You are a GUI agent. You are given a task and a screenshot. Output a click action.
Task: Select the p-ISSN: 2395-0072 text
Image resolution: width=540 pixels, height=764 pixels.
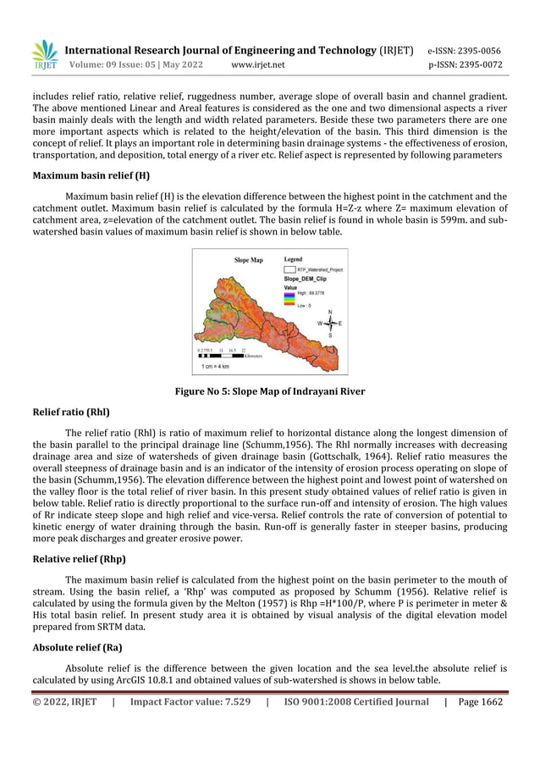click(x=465, y=64)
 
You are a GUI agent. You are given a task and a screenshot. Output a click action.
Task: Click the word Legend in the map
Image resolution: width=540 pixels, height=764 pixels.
click(x=294, y=259)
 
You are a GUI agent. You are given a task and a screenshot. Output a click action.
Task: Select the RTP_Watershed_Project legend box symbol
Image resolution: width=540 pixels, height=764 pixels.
click(x=289, y=269)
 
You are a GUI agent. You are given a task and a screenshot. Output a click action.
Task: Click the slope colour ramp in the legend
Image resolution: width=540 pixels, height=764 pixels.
click(x=289, y=297)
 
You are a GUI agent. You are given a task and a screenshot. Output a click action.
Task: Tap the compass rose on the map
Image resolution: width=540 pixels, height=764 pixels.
click(x=329, y=323)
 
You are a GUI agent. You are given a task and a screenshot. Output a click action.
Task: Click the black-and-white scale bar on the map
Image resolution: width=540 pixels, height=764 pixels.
click(x=218, y=356)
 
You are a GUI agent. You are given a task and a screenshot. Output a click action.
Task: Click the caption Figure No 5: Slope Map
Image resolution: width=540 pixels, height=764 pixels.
click(x=269, y=391)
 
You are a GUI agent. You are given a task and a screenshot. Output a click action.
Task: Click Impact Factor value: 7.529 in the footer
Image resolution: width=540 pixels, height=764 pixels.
click(x=190, y=701)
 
